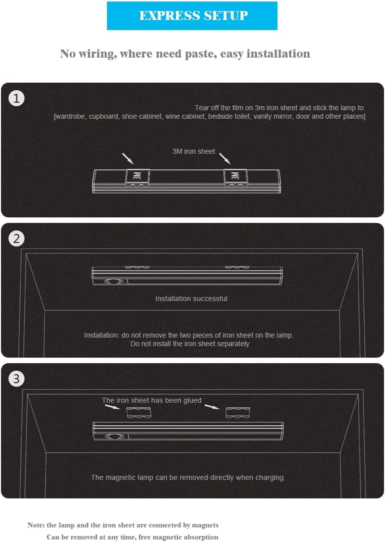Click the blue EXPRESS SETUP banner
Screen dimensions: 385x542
coord(192,16)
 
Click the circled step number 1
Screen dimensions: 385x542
coord(16,98)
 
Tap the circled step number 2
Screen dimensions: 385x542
coord(16,238)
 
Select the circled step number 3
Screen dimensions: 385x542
coord(16,379)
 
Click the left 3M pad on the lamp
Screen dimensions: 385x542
coord(137,177)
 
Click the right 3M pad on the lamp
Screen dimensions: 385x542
coord(235,177)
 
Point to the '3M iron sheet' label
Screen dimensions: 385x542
coord(193,151)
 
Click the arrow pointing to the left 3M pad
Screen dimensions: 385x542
coord(127,159)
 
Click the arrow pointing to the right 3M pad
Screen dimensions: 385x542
coord(225,159)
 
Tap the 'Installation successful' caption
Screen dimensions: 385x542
coord(191,299)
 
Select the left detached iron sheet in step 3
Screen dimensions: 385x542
coord(138,412)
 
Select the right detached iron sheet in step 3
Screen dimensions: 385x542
coord(237,412)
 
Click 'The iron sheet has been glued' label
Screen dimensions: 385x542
coord(151,400)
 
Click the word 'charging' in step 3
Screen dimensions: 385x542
coord(269,478)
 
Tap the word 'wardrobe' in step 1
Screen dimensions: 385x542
coord(69,117)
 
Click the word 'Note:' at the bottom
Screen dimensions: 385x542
coord(36,525)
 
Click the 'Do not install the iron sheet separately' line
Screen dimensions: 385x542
coord(189,344)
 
